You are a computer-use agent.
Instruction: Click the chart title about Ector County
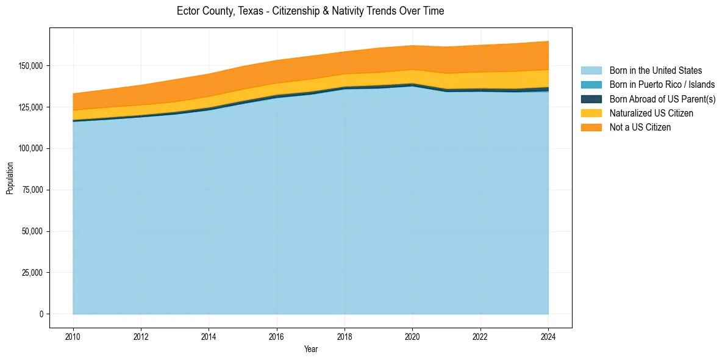(x=310, y=11)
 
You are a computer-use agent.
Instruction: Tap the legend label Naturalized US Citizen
(x=651, y=113)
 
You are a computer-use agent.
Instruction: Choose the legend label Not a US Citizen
(x=640, y=127)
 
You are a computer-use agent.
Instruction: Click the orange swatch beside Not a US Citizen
(x=591, y=127)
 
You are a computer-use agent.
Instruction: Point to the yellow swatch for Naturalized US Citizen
(x=591, y=113)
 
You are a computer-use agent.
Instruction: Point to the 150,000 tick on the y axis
(x=32, y=65)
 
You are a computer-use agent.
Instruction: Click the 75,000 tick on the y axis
(x=34, y=190)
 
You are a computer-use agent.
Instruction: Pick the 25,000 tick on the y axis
(x=34, y=273)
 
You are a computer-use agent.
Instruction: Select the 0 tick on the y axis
(x=42, y=314)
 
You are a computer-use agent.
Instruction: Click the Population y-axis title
(x=10, y=178)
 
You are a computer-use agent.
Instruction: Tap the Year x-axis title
(x=310, y=350)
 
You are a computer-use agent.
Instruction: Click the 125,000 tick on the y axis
(x=32, y=107)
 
